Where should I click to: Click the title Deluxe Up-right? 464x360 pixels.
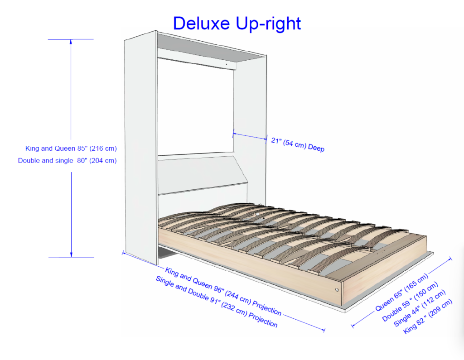(237, 24)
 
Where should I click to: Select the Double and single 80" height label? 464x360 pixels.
(67, 160)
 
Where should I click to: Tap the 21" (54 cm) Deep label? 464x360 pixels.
(298, 144)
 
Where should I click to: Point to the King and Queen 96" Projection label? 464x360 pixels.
(223, 292)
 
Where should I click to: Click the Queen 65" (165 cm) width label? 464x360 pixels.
(401, 293)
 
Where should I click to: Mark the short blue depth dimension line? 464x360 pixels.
(250, 136)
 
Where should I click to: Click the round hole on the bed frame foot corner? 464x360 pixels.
(337, 289)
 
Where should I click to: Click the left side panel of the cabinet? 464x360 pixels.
(140, 145)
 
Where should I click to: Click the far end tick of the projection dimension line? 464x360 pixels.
(324, 329)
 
